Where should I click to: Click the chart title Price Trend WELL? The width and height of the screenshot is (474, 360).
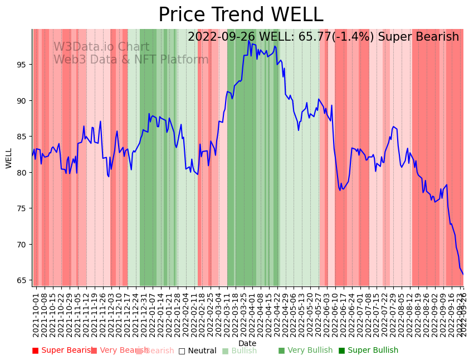click(241, 15)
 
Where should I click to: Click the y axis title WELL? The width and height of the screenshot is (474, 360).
click(9, 158)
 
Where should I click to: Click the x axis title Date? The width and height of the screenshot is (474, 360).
click(247, 343)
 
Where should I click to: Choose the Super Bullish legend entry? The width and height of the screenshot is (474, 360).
click(368, 351)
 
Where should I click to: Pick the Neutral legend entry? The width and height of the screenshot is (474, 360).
click(197, 351)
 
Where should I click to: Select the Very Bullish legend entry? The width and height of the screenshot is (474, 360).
click(305, 351)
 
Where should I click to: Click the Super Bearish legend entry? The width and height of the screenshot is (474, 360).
click(62, 351)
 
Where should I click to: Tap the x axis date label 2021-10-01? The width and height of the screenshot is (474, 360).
click(36, 312)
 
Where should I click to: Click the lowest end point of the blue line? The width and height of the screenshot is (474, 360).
click(463, 274)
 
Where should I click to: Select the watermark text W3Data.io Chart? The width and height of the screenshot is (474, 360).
click(101, 47)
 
